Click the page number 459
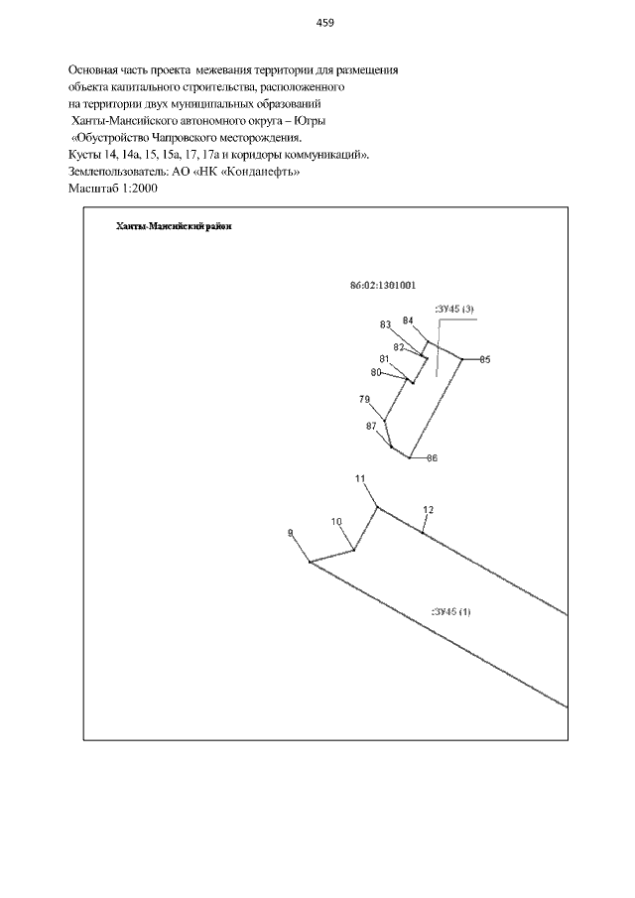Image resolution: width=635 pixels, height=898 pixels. [324, 23]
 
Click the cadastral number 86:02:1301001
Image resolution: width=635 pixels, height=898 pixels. [383, 285]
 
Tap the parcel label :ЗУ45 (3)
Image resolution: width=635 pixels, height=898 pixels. [454, 310]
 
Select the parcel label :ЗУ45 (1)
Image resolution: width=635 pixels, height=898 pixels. [451, 611]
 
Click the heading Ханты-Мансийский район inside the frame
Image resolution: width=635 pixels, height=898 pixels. [174, 226]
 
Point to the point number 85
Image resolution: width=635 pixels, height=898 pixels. [485, 359]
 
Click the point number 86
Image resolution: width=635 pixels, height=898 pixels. [433, 458]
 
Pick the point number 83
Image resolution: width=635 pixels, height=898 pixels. [385, 324]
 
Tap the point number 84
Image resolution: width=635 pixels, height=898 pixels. [408, 321]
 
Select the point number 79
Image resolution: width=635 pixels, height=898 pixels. [364, 399]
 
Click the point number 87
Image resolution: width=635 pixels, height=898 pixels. [371, 426]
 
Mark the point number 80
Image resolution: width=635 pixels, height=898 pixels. [376, 372]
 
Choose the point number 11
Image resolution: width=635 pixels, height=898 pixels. [360, 479]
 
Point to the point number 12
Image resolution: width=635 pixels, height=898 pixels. [429, 510]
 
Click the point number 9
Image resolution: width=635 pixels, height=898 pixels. [291, 533]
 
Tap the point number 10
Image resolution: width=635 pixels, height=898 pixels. [336, 522]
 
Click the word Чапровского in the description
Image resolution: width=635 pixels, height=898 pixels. [185, 138]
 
